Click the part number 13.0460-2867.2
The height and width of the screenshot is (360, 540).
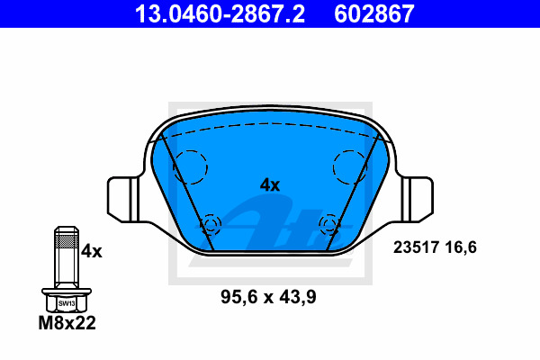pos(220,14)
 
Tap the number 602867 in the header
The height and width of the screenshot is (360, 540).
pos(374,14)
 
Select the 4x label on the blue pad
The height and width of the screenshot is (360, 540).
pos(270,185)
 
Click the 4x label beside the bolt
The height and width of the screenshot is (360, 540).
pos(92,251)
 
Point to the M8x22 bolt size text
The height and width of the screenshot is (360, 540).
pos(67,323)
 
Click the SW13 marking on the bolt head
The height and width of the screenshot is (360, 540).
pos(67,303)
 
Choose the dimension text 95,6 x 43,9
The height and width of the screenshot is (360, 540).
pos(268,297)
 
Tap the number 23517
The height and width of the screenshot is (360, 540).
pos(416,247)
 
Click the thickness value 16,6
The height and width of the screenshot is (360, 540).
pos(461,247)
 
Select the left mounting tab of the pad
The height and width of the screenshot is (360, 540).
pos(123,199)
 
